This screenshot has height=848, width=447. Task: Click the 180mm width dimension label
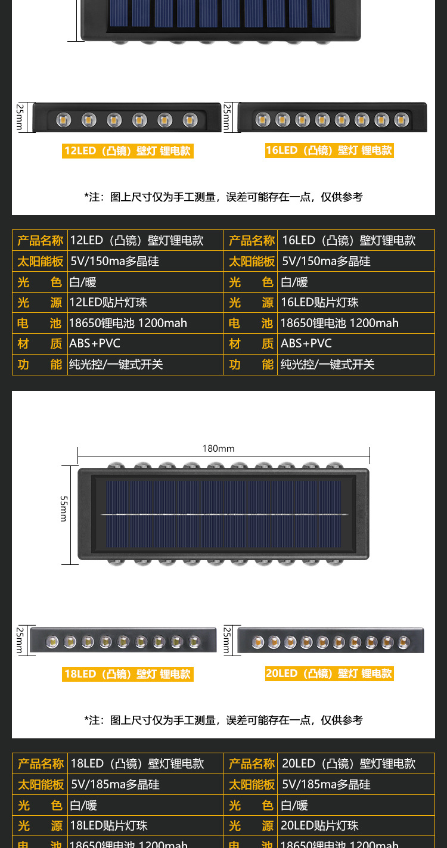pos(218,449)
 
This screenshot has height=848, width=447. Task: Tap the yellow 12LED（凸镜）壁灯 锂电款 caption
pos(128,151)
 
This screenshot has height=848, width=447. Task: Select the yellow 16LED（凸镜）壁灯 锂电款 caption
pos(329,150)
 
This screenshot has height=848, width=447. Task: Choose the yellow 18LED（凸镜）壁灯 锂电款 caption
pos(128,674)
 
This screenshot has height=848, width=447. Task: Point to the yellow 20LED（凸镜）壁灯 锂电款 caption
pos(329,673)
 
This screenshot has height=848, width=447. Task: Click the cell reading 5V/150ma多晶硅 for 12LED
pos(115,261)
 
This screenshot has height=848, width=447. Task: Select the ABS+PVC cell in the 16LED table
pos(306,343)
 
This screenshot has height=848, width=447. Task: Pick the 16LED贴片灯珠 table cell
pos(319,302)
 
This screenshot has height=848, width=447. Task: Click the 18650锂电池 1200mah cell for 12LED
pos(128,323)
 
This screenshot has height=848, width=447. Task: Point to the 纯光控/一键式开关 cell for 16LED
pos(328,364)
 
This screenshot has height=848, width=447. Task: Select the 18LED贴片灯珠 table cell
pos(109,825)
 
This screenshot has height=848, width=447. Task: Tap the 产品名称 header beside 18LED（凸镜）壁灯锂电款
pos(41,763)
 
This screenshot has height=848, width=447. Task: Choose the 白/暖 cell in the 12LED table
pos(83,282)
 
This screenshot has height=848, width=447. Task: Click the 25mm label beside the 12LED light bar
pos(20,117)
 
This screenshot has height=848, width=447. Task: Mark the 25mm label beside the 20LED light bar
pos(227,641)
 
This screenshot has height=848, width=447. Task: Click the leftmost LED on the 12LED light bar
pos(64,120)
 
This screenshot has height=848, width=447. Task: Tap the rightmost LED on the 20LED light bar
pos(404,642)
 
